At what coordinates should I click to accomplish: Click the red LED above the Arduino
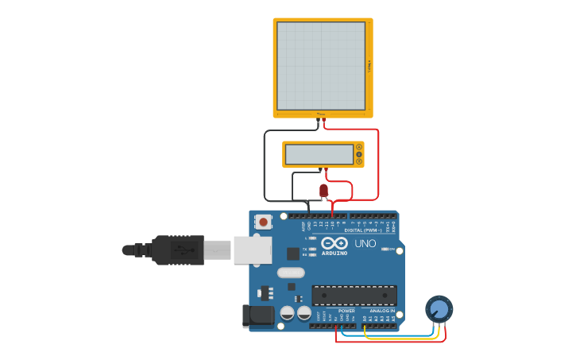click(323, 190)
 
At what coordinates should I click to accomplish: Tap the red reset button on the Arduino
click(263, 221)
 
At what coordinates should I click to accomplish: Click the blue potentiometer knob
click(439, 308)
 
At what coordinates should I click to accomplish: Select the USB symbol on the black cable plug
click(184, 250)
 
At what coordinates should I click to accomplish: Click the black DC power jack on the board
click(258, 315)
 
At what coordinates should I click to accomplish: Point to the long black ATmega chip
click(354, 296)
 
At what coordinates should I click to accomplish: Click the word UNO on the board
click(365, 243)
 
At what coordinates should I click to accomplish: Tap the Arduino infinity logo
click(334, 242)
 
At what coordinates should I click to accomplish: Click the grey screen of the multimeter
click(319, 154)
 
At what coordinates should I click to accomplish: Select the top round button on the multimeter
click(359, 147)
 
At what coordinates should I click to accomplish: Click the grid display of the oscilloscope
click(320, 66)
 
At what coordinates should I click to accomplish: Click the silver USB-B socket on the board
click(253, 250)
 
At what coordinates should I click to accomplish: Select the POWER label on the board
click(346, 311)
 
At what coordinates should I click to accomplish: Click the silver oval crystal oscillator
click(291, 273)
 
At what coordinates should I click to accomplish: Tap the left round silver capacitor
click(288, 313)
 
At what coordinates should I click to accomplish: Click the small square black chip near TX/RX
click(293, 254)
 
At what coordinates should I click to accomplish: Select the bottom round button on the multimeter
click(359, 161)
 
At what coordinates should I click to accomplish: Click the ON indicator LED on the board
click(385, 249)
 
